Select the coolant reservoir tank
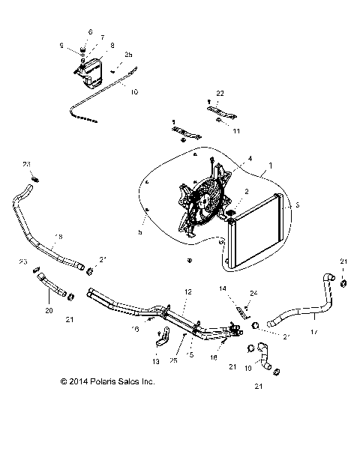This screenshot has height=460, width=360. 88,73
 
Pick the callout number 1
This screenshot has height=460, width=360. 271,164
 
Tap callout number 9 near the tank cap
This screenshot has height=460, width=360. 73,46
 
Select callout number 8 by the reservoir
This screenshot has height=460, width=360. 112,46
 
